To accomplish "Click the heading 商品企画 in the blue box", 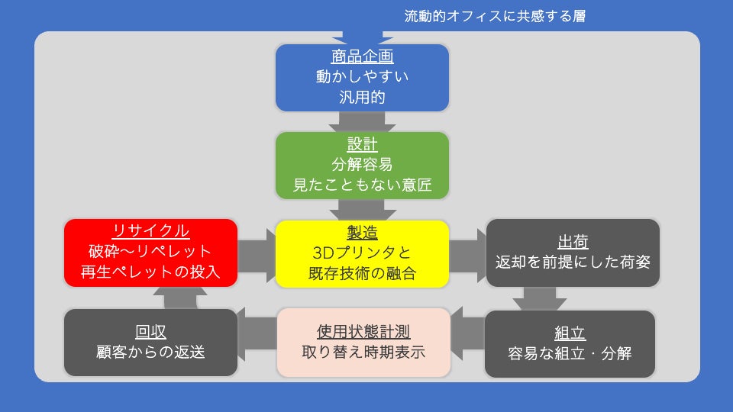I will pyautogui.click(x=362, y=57).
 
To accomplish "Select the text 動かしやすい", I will pyautogui.click(x=362, y=77).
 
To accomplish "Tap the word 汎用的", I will pyautogui.click(x=362, y=98).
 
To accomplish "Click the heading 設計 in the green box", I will pyautogui.click(x=362, y=145).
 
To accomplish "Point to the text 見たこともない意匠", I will pyautogui.click(x=362, y=185).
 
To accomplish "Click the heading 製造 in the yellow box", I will pyautogui.click(x=362, y=232).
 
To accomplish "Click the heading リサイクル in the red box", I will pyautogui.click(x=150, y=230).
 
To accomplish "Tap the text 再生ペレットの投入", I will pyautogui.click(x=150, y=272).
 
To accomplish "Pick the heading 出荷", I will pyautogui.click(x=573, y=243).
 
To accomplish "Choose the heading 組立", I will pyautogui.click(x=570, y=333).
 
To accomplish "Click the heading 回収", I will pyautogui.click(x=150, y=332).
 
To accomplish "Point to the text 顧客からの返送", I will pyautogui.click(x=150, y=352).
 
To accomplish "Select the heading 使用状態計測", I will pyautogui.click(x=363, y=332).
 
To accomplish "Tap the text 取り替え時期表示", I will pyautogui.click(x=363, y=352).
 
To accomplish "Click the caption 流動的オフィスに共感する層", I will pyautogui.click(x=495, y=16).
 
